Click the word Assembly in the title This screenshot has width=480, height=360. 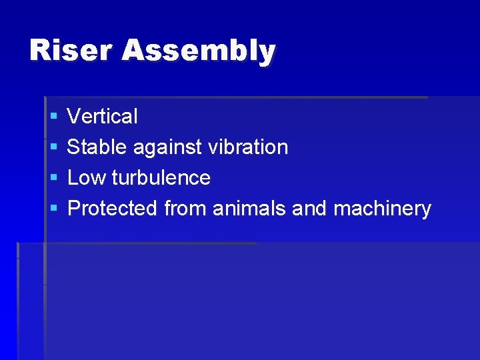coord(198,51)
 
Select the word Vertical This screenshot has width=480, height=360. coord(103,117)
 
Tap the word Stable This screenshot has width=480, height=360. coord(97,147)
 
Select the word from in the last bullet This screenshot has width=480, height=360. coord(185,209)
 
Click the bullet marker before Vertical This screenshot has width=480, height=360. coord(53,117)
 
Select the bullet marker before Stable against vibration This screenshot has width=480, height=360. coord(53,148)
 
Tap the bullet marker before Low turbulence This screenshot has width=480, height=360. coord(53,179)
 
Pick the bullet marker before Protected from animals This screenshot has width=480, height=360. coord(53,209)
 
